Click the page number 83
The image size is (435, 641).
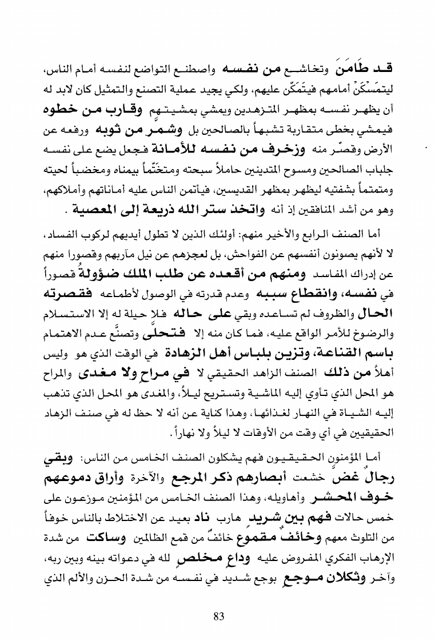click(x=218, y=616)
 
